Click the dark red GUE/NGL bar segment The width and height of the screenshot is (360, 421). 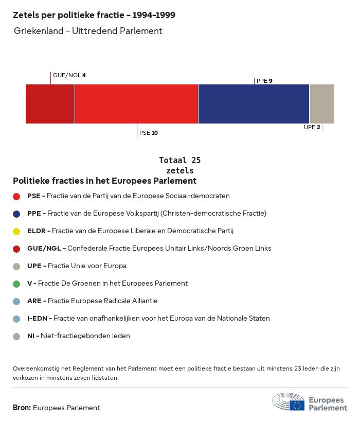(50, 104)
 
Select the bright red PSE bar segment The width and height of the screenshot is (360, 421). (136, 104)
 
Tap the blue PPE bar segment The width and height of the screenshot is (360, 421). (254, 104)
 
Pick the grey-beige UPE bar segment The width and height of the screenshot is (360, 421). (321, 104)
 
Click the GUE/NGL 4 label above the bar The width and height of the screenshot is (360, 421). (69, 75)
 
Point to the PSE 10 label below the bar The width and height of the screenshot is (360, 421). (148, 133)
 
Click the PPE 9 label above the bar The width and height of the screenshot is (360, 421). (264, 81)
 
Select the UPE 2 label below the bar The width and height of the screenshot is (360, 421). (312, 127)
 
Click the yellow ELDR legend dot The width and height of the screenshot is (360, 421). (16, 231)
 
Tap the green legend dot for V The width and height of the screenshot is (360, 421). (16, 284)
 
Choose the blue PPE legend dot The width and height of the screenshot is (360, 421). (16, 214)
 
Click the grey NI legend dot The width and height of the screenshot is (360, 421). (16, 336)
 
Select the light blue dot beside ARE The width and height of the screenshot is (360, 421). (16, 301)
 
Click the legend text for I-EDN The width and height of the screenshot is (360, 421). (148, 319)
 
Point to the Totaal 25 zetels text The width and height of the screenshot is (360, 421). (179, 165)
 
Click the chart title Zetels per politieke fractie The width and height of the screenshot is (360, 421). (94, 15)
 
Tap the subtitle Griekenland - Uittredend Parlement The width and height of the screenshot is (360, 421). (88, 31)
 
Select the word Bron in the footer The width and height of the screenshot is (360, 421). (22, 408)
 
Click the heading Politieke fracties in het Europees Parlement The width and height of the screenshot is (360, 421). (104, 181)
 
